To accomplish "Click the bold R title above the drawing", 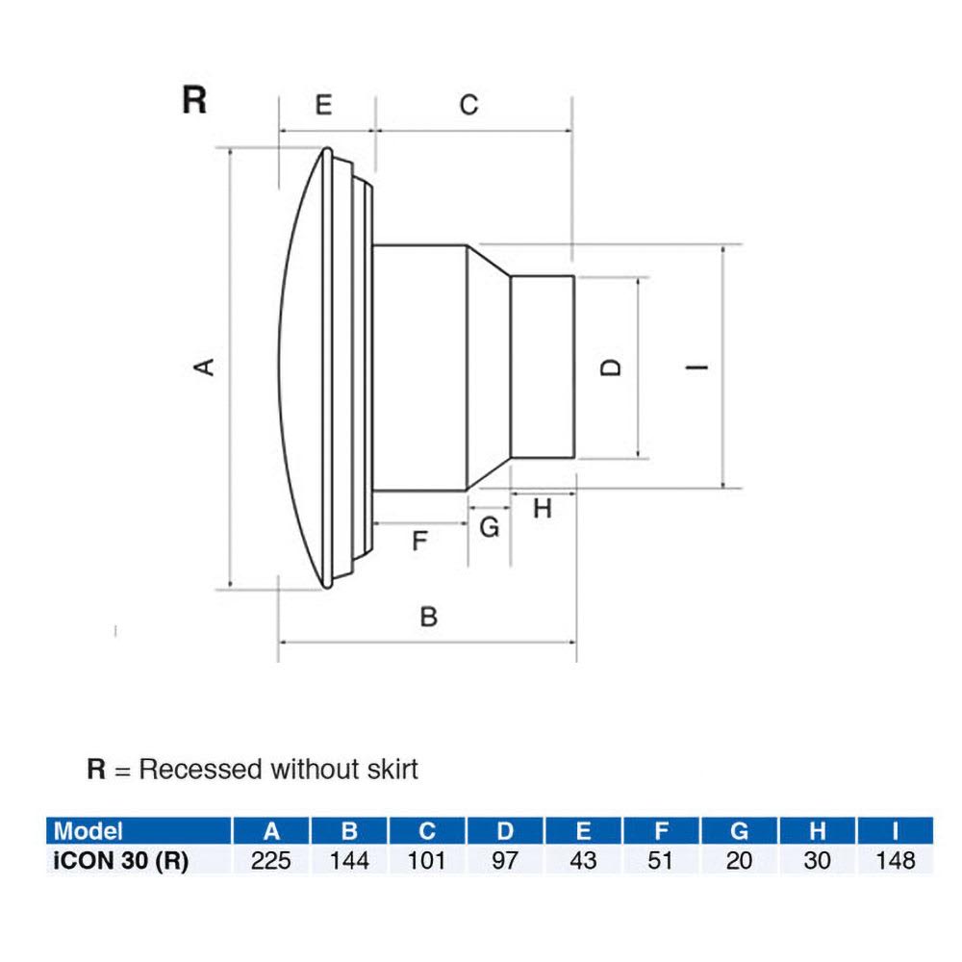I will tap(194, 100).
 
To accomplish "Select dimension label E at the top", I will tap(324, 105).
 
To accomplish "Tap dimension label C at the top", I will tap(468, 105).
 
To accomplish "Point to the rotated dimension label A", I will tap(204, 367).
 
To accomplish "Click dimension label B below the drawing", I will tap(429, 617).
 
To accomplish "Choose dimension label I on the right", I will tap(700, 367).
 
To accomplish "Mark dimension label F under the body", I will tap(418, 542).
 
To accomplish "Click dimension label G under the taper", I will tap(490, 527).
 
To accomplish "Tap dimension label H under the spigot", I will tap(543, 509).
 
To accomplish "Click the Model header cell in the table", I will tap(89, 831).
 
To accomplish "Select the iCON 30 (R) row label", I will tap(118, 860).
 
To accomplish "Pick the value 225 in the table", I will tap(271, 860).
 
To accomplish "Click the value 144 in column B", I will tap(349, 860).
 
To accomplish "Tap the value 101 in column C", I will tap(427, 860).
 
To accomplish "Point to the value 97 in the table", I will tap(505, 860).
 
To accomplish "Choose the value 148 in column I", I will tap(895, 860).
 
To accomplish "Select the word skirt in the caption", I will tap(391, 770).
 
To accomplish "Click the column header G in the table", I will tap(739, 831).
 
